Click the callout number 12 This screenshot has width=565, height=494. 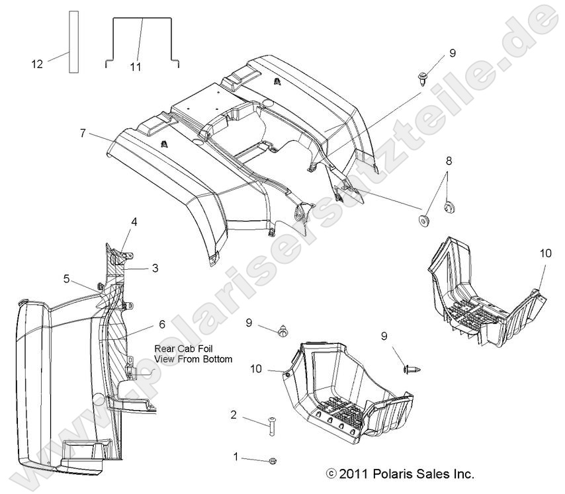37,64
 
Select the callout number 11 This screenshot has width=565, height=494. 136,67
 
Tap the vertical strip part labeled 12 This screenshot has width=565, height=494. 74,42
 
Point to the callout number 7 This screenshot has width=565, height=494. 83,133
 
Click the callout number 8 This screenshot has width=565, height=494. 449,161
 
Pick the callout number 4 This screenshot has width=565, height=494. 134,222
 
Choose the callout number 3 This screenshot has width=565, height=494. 155,268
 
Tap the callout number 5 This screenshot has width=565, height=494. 66,279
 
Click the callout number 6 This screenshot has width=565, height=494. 162,325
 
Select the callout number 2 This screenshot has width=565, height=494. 234,415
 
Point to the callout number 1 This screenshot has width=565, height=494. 236,457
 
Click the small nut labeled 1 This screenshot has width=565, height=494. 273,460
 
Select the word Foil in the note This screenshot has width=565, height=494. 204,349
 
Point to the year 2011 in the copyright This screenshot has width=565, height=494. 353,474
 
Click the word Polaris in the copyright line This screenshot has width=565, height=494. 390,474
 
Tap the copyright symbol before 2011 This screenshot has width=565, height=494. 331,474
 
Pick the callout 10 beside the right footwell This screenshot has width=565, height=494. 546,253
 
